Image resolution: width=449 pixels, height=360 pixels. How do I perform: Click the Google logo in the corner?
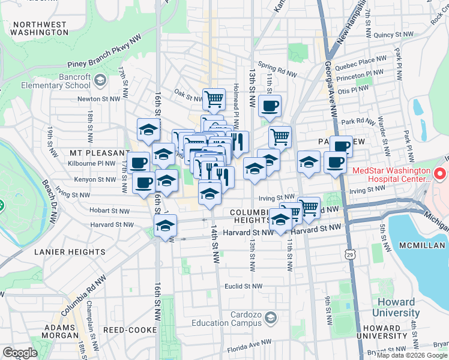pos(19,353)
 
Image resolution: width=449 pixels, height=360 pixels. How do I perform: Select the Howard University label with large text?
pos(396,307)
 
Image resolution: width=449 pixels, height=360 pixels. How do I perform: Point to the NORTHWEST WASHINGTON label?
pos(40,28)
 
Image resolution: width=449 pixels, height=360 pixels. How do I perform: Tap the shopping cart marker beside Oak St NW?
pos(214,99)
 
